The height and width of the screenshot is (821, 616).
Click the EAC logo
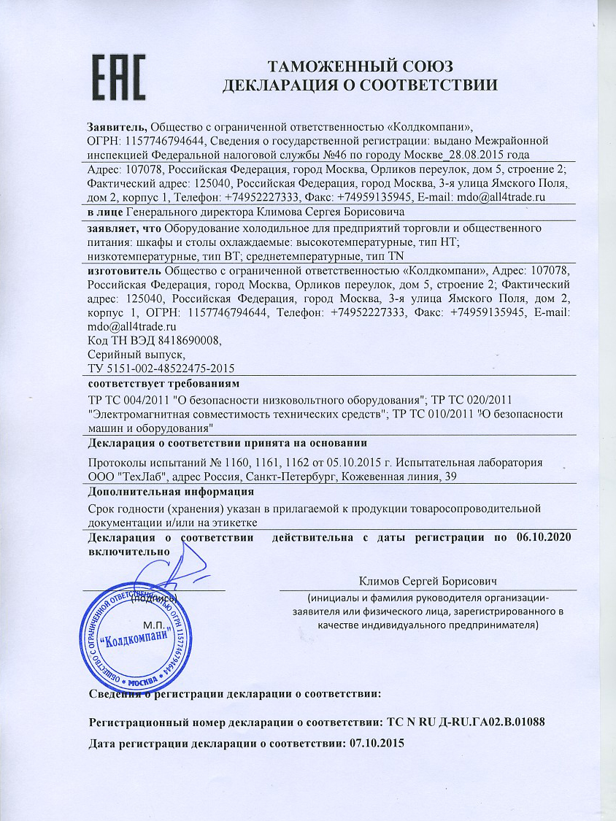coord(118,72)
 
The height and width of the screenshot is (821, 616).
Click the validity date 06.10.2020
coord(542,538)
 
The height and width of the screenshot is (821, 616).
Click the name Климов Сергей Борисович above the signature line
coord(428,581)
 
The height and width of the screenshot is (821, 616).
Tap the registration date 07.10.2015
coord(377,744)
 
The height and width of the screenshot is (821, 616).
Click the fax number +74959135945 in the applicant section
coord(376,197)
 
